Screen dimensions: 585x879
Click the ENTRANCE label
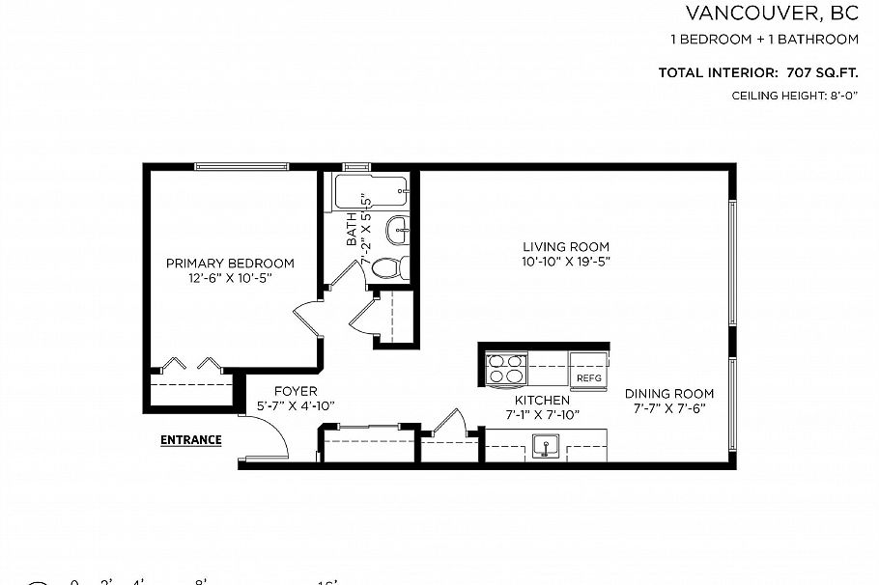click(x=190, y=440)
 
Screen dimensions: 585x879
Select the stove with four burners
click(x=506, y=370)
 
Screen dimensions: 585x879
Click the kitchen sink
click(x=545, y=447)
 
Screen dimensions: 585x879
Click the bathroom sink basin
click(x=396, y=231)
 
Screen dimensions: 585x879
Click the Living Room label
click(x=566, y=247)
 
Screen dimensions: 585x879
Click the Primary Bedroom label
click(x=230, y=264)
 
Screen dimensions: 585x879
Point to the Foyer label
click(x=296, y=391)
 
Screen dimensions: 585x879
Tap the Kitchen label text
click(x=541, y=400)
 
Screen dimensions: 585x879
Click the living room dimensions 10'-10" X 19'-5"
click(x=566, y=262)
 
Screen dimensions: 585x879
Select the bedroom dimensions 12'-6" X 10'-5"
click(x=230, y=278)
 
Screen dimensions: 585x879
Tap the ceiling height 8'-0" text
click(x=795, y=96)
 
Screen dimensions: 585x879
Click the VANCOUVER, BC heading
click(x=772, y=13)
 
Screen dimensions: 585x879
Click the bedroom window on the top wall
click(x=241, y=167)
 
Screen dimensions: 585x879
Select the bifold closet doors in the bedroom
click(x=189, y=365)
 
